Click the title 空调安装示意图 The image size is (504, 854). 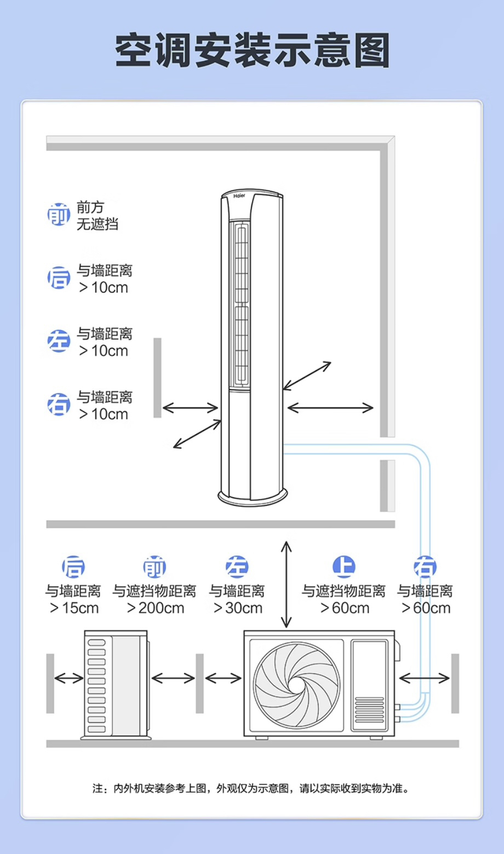(252, 50)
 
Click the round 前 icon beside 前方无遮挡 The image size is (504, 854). (59, 215)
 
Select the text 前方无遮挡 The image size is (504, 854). (97, 215)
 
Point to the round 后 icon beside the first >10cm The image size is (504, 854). (59, 278)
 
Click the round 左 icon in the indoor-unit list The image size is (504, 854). (59, 341)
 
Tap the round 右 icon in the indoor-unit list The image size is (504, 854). (59, 405)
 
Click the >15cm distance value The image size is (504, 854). (74, 608)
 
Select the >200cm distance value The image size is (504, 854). (155, 608)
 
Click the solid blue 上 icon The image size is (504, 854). (344, 567)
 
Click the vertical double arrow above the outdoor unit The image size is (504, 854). (286, 584)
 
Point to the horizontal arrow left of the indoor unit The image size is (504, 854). (190, 408)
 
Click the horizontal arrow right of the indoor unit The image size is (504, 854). (330, 408)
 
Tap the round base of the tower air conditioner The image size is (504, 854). (253, 496)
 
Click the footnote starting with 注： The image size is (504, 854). (251, 788)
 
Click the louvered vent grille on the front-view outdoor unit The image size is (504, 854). (370, 710)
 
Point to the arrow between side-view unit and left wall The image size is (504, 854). (69, 679)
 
